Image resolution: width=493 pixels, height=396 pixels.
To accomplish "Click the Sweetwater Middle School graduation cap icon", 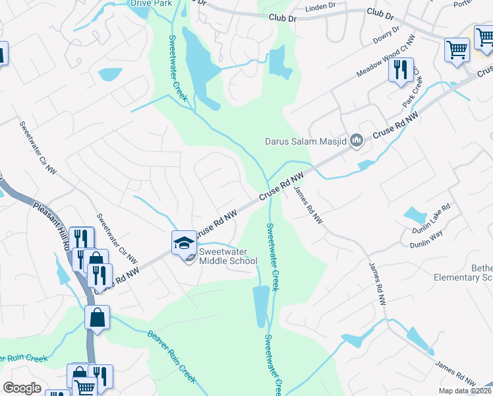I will (x=185, y=242).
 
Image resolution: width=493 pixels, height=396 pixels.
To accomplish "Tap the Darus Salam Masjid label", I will (x=306, y=141).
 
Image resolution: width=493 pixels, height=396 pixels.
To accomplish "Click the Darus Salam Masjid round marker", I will (x=357, y=139).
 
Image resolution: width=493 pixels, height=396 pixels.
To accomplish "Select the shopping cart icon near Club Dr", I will (x=457, y=49).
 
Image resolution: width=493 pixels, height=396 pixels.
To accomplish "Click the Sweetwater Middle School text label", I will (x=228, y=256).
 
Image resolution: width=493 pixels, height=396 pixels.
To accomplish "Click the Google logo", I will (x=22, y=388).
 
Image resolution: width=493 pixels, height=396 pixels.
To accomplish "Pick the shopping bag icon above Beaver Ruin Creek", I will (x=97, y=317).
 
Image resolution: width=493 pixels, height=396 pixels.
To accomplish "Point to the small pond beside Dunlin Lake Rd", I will (x=415, y=214).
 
